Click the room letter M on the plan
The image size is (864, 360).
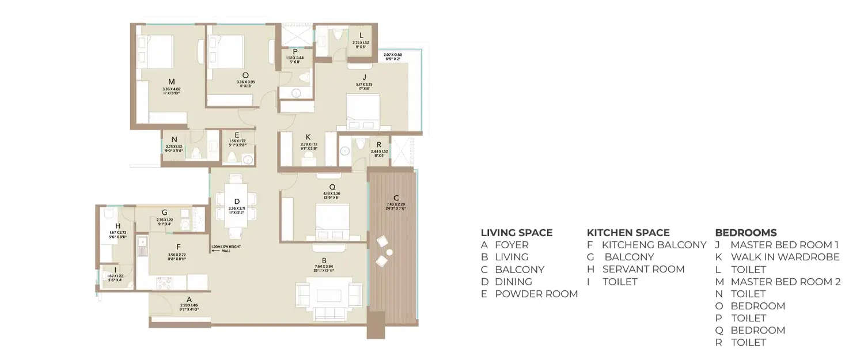tap(171, 81)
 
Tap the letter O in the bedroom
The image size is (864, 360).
tap(245, 74)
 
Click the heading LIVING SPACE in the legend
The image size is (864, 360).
tap(517, 233)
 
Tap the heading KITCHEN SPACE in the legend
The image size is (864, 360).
tap(628, 233)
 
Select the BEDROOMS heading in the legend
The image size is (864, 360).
tap(746, 233)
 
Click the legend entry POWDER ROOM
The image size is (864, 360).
tap(536, 294)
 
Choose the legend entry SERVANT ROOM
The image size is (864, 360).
tap(643, 269)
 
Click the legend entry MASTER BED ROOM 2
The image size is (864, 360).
tap(786, 282)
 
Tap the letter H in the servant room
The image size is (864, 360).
tap(118, 226)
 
